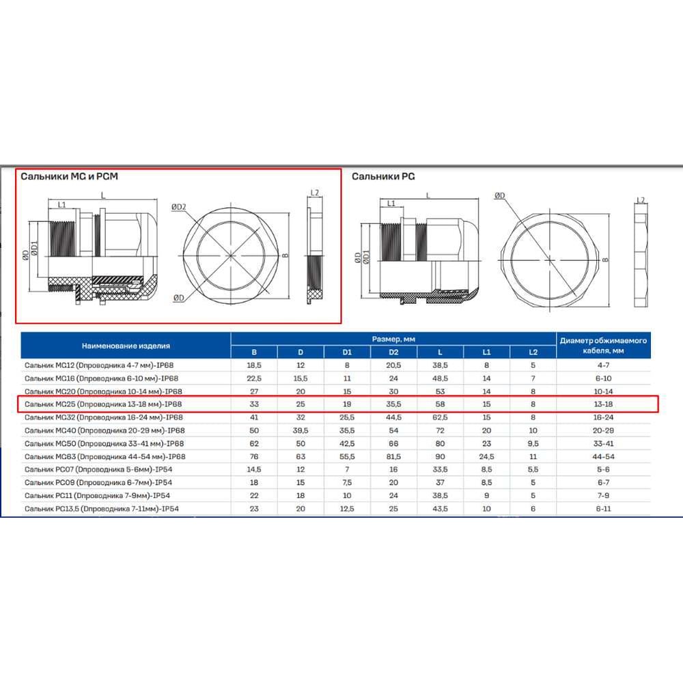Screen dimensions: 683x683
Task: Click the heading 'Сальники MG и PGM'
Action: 69,176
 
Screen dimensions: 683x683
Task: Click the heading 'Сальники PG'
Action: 383,176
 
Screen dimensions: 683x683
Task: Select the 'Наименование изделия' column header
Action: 126,346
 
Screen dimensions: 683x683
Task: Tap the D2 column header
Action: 393,352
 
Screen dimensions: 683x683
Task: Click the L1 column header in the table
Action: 486,352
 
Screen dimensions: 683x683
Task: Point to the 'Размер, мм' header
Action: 393,339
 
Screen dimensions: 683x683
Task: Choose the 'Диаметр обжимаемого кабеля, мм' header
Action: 603,346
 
